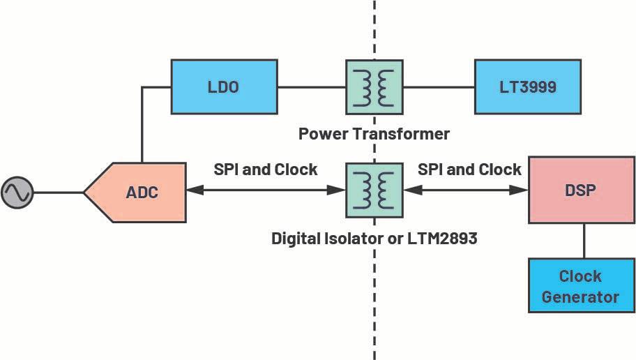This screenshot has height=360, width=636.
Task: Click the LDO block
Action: point(223,87)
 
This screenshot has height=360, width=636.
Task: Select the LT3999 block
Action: point(527,87)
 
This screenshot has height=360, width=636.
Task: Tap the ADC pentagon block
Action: point(139,192)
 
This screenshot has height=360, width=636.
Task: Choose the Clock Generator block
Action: point(580,286)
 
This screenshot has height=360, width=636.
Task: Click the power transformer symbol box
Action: point(374,87)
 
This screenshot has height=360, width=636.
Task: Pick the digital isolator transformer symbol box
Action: point(374,190)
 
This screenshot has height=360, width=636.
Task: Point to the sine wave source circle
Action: point(17,192)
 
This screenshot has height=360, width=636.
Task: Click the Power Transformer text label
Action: point(374,133)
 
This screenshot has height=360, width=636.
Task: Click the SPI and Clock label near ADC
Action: point(265,170)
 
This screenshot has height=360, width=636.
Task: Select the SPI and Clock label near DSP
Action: point(469,170)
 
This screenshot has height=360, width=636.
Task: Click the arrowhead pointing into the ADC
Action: point(194,190)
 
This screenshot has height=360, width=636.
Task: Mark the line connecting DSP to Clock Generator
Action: point(584,241)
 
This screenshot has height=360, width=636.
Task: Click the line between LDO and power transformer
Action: point(311,87)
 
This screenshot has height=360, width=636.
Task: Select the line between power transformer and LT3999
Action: point(439,87)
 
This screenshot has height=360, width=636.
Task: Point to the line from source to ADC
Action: point(59,192)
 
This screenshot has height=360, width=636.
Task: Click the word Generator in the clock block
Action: point(580,296)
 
